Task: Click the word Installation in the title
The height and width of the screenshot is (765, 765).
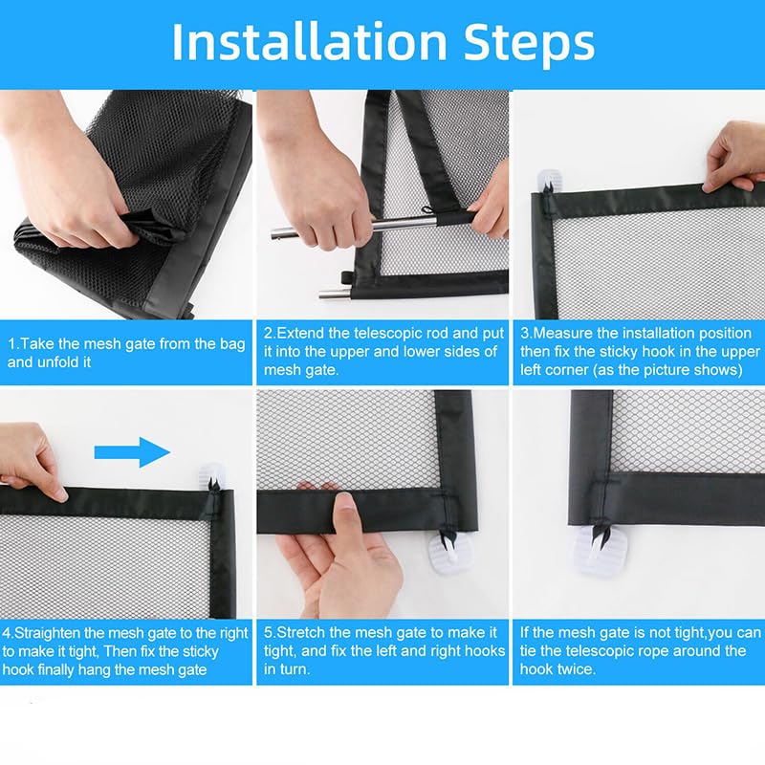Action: click(309, 41)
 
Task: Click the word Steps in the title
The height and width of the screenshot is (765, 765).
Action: click(529, 43)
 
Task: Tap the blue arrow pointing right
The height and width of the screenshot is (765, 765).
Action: click(132, 452)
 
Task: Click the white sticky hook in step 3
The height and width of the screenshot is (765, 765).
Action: click(549, 181)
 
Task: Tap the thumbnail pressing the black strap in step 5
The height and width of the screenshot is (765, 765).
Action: click(346, 509)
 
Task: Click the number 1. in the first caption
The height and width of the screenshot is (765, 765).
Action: click(13, 344)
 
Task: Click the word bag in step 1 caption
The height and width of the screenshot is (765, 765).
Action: click(231, 344)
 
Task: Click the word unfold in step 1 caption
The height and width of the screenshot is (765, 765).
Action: click(54, 362)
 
